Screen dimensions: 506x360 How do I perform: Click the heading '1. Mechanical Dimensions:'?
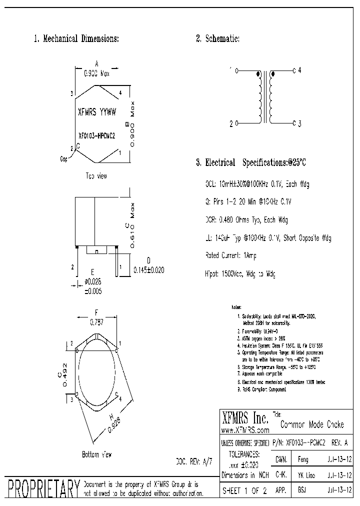click(x=76, y=38)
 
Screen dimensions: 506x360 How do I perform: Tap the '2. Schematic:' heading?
click(x=217, y=38)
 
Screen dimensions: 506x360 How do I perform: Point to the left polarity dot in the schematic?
click(x=258, y=74)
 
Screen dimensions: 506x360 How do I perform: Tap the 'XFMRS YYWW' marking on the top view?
click(x=97, y=112)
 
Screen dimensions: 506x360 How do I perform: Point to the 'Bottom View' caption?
click(x=96, y=454)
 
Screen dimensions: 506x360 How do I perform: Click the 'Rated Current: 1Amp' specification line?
click(x=231, y=255)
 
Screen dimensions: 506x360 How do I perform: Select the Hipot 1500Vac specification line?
click(x=240, y=274)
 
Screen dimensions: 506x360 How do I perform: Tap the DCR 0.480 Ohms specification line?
click(x=246, y=220)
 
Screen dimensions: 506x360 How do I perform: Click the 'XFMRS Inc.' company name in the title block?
click(x=244, y=417)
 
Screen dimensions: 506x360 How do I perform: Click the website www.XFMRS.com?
click(x=244, y=429)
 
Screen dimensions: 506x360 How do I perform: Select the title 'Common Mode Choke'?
click(x=312, y=425)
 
